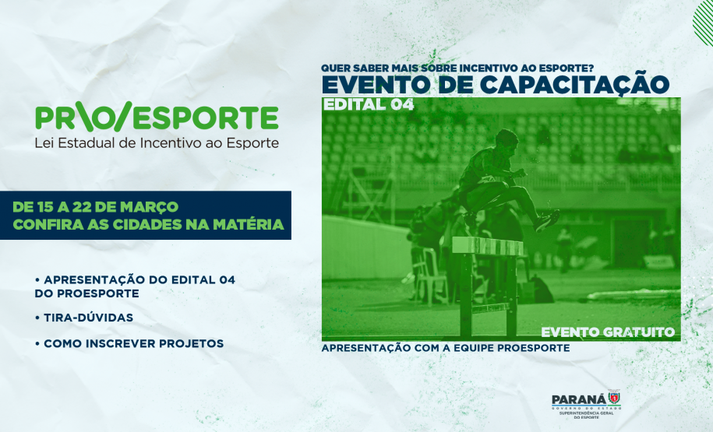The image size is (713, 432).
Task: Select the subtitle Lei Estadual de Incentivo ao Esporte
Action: pos(157,143)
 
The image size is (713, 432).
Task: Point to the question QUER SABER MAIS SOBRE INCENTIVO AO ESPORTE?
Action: pos(458,67)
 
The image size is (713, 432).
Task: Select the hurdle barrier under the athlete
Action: pos(488,248)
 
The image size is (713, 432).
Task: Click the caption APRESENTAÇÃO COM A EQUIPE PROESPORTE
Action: pos(445,348)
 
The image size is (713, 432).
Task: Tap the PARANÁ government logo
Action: pos(585,404)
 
